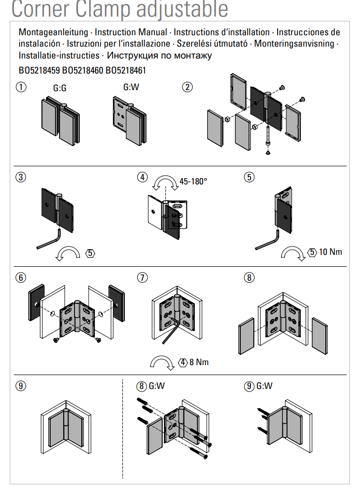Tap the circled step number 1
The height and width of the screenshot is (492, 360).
[x=21, y=87]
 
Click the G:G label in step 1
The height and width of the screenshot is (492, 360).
[x=60, y=89]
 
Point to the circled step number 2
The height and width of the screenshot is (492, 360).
[x=188, y=87]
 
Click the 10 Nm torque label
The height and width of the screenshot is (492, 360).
[x=330, y=252]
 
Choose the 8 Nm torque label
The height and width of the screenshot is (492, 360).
[x=199, y=362]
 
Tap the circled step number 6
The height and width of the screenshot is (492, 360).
[x=21, y=278]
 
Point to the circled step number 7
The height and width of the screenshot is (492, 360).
[x=142, y=278]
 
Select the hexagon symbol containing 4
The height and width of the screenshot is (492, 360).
[x=182, y=362]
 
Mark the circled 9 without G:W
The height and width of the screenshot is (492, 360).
[x=21, y=386]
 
